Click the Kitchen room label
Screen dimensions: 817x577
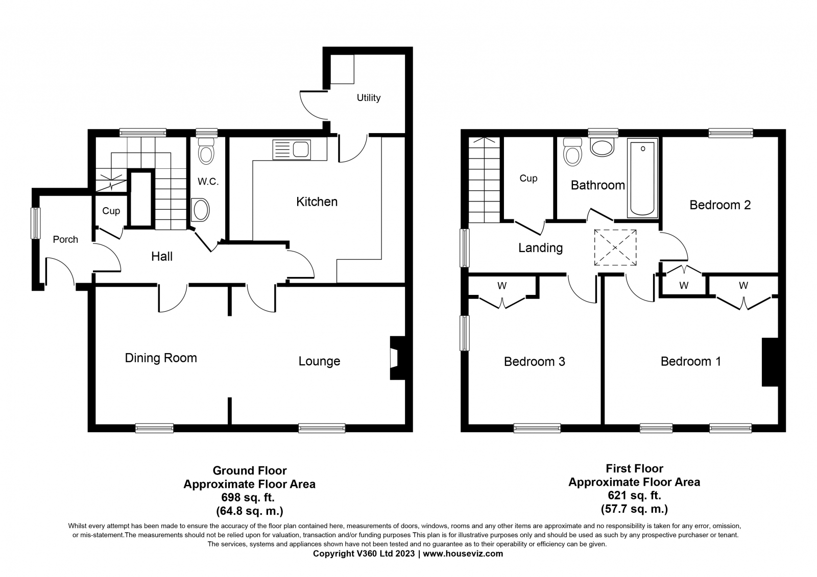click(x=317, y=202)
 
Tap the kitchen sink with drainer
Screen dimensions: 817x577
click(x=292, y=150)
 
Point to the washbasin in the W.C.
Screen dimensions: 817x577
click(x=200, y=210)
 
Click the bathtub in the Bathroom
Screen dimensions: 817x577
click(x=642, y=178)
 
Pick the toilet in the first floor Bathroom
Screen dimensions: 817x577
click(x=572, y=152)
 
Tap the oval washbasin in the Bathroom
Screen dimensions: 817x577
click(x=602, y=147)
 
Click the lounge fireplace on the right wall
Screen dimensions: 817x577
click(x=398, y=358)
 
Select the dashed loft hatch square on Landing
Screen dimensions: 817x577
click(x=615, y=247)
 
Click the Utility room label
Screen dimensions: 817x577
click(x=368, y=97)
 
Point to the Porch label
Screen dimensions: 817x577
click(x=65, y=239)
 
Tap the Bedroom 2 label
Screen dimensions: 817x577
click(x=720, y=205)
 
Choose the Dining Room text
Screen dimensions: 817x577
click(x=161, y=358)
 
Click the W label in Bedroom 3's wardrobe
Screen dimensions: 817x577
click(x=502, y=286)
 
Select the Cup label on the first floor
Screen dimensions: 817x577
click(x=528, y=178)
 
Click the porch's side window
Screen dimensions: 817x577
click(x=35, y=223)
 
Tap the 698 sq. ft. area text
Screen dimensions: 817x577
click(x=248, y=497)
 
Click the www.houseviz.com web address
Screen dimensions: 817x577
click(x=463, y=554)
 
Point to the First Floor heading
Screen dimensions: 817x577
click(x=634, y=468)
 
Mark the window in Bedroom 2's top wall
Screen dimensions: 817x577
click(x=731, y=133)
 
